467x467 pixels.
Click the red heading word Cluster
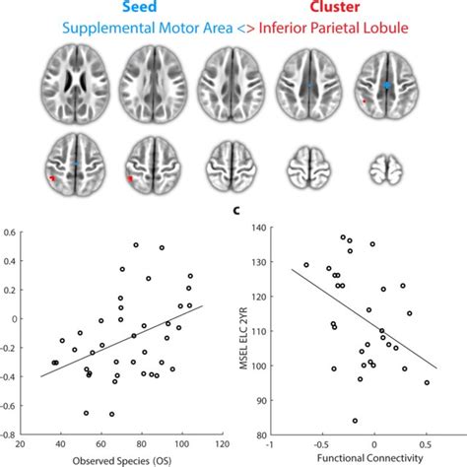(315, 9)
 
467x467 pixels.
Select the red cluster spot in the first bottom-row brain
(52, 178)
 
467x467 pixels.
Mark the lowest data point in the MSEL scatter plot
(355, 420)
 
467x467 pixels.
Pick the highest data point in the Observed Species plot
(135, 244)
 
